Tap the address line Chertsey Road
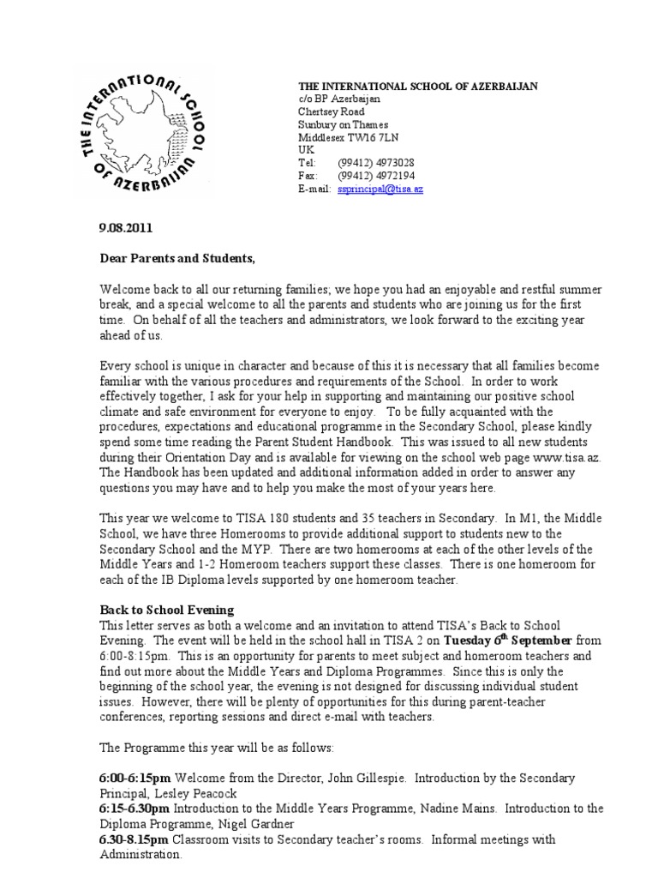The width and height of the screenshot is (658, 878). click(x=331, y=111)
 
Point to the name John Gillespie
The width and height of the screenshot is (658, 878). click(x=343, y=778)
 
